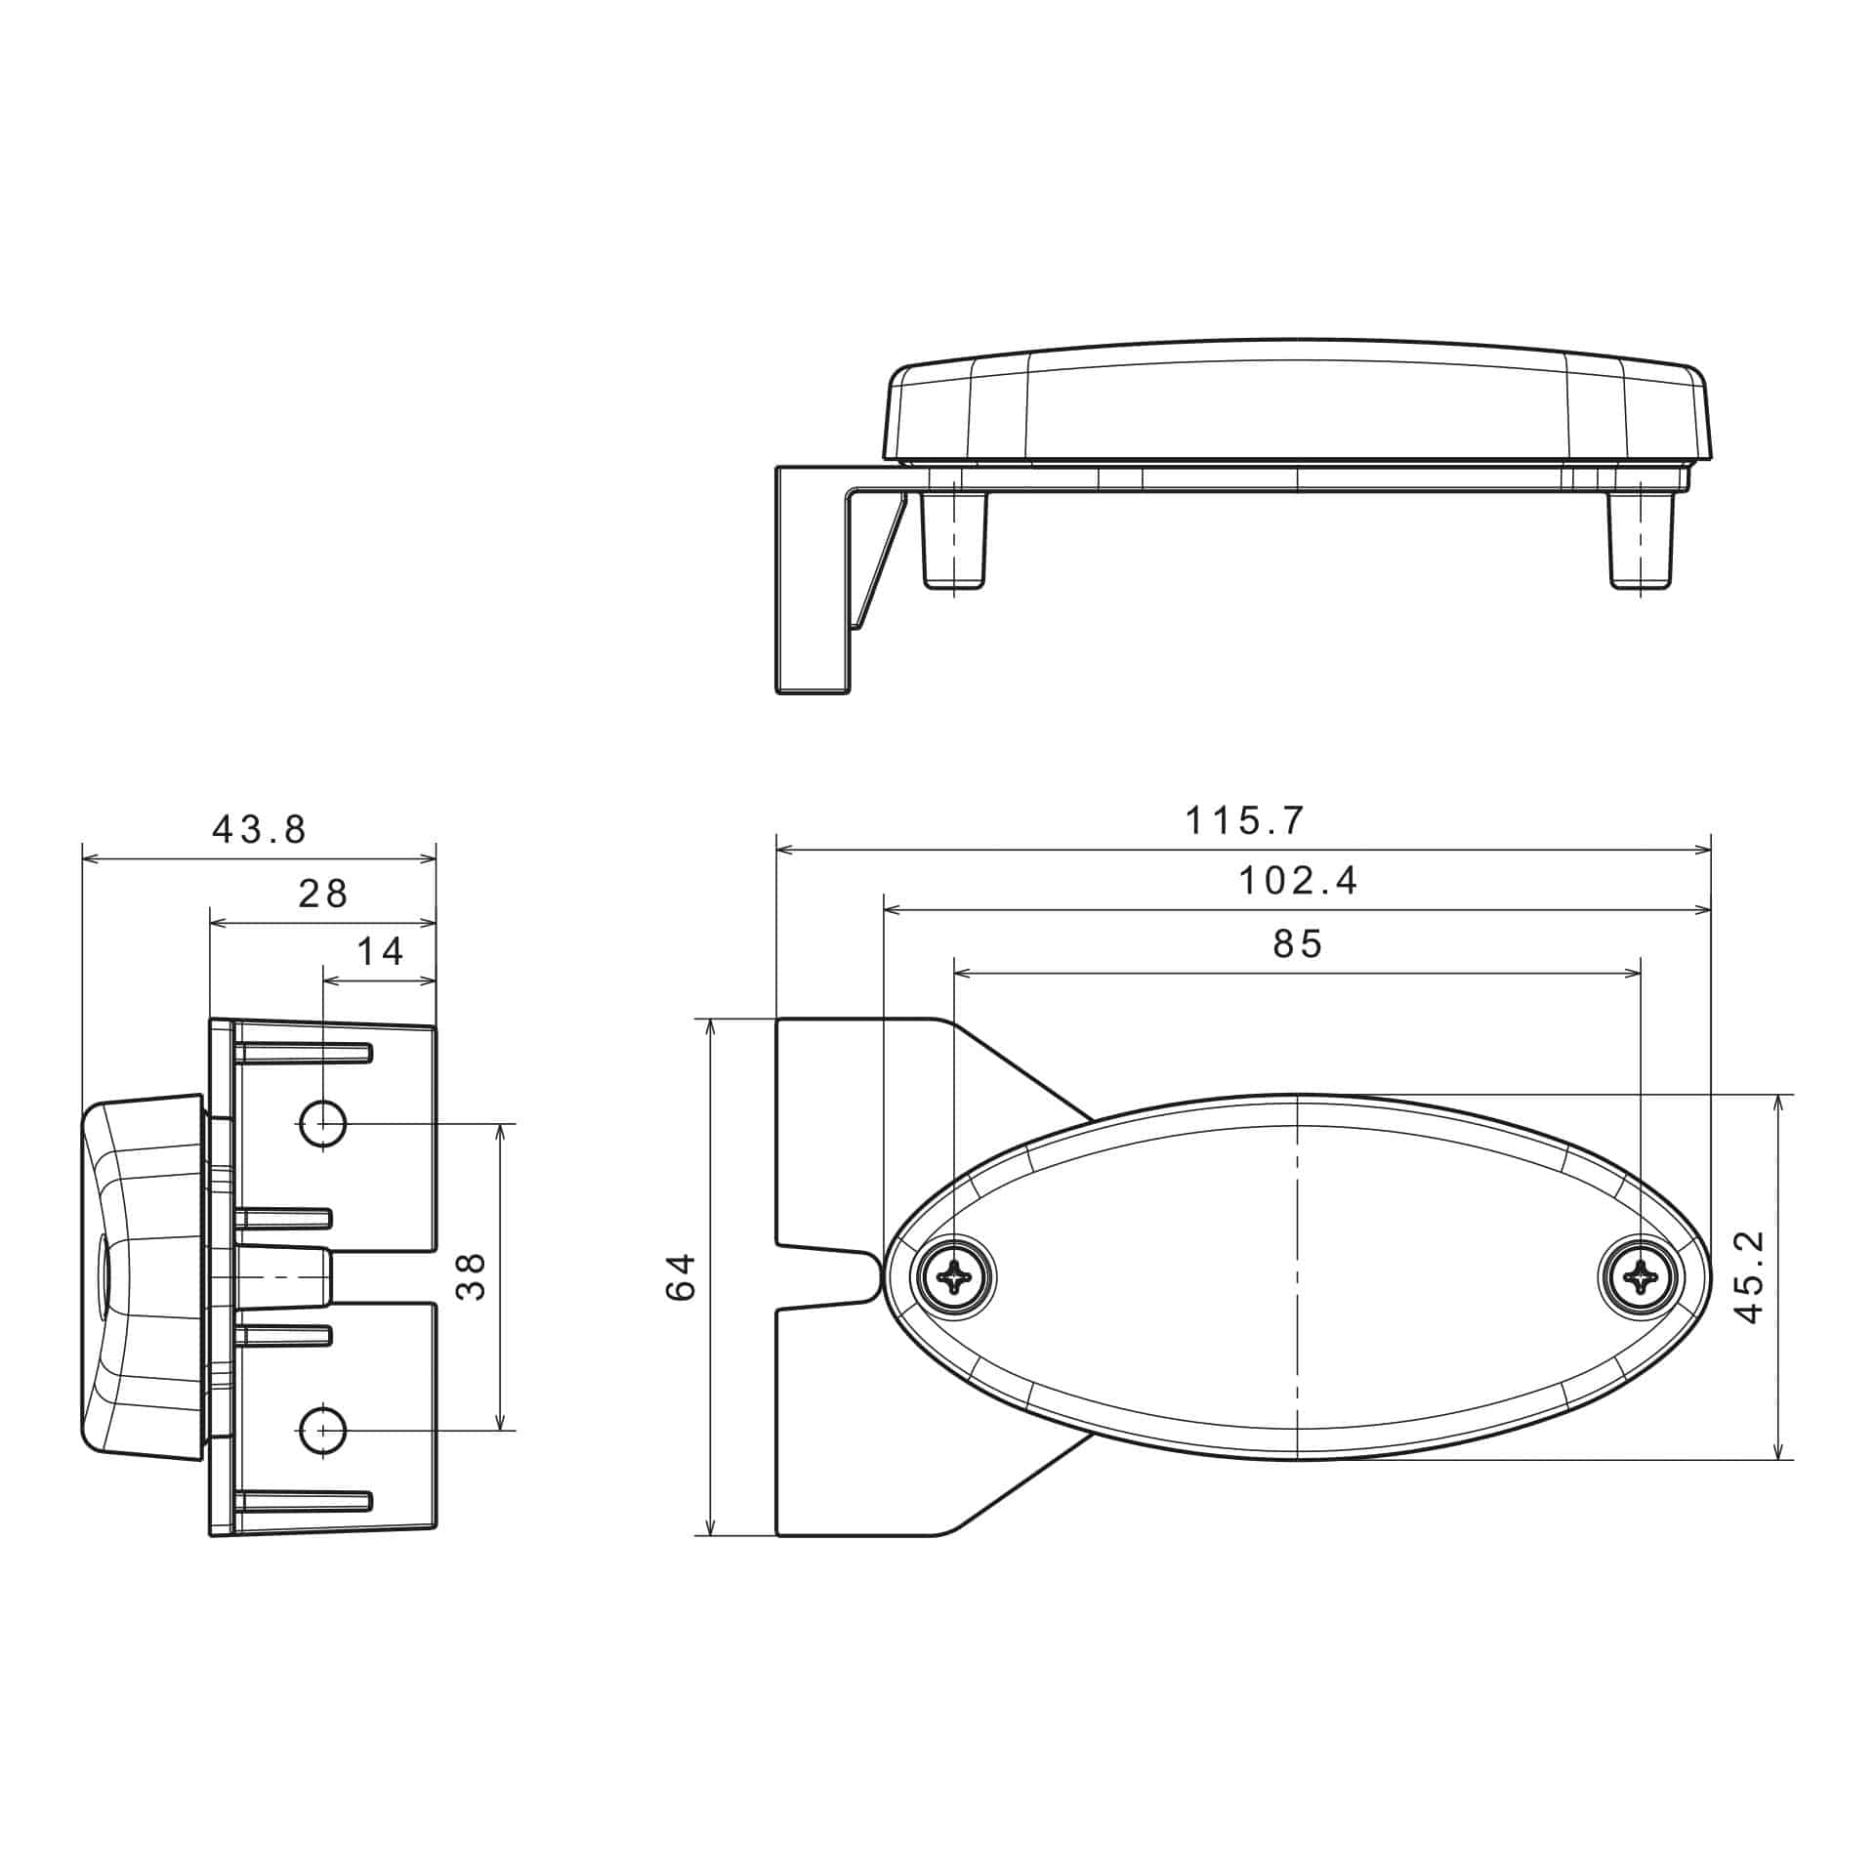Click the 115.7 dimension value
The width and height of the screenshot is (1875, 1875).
point(1244,821)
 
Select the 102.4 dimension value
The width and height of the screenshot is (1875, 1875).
point(1298,882)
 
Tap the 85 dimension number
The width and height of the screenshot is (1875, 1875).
point(1297,944)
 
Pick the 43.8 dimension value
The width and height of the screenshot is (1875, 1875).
point(260,830)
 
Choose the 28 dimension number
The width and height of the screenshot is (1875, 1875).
point(323,894)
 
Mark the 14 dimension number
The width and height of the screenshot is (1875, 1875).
point(380,951)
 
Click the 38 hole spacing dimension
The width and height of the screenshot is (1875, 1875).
point(472,1276)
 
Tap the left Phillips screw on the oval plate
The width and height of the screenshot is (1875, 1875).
point(954,1275)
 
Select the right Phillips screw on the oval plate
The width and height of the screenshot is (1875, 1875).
point(1641,1275)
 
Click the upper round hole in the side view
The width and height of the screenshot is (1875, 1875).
point(323,1123)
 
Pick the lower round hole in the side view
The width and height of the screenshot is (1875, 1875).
point(323,1431)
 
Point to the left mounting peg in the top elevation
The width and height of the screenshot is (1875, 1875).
point(954,542)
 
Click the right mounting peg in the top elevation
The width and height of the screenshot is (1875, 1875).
point(1641,542)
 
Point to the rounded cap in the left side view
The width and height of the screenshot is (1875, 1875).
point(142,1276)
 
